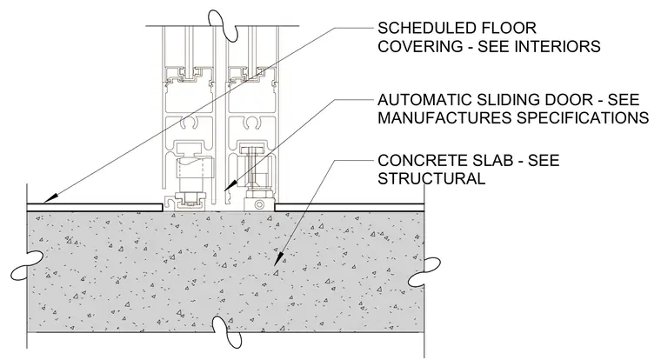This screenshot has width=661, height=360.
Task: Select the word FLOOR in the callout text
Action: tap(510, 28)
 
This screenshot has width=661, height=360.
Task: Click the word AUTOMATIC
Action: tap(425, 100)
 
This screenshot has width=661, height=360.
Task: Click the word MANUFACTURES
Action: tap(444, 117)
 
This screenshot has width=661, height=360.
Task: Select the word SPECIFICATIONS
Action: tap(583, 117)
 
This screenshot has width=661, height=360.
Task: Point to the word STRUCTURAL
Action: tap(431, 179)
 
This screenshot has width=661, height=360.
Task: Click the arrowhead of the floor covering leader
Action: tap(50, 198)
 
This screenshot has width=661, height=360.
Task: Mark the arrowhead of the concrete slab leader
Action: tap(278, 259)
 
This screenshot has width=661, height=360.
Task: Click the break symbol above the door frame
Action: tap(223, 23)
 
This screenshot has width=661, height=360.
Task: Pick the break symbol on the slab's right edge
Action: tap(424, 273)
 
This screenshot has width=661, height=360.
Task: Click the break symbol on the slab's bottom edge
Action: tap(227, 332)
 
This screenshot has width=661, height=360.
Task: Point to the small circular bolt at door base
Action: tap(259, 205)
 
